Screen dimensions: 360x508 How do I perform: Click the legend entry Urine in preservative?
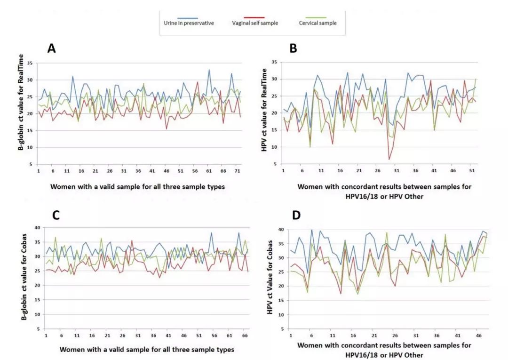[192, 23]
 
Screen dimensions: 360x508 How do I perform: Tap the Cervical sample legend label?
[318, 23]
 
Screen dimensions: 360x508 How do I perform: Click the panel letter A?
[52, 48]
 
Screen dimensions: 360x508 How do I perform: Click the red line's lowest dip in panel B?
[389, 160]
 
